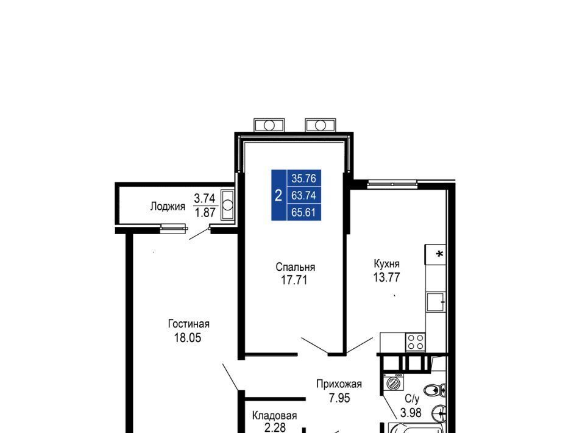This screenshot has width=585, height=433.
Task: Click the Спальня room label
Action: pos(295,267)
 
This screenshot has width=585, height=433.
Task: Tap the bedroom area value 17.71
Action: pos(294,280)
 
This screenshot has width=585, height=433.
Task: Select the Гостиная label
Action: pos(188,324)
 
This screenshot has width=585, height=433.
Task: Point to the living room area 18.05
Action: pos(188,337)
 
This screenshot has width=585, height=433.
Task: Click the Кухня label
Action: pos(386,264)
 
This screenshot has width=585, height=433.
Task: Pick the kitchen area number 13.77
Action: pos(386,277)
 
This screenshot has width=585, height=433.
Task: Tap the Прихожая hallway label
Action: pos(339,384)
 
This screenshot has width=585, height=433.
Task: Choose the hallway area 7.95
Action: pos(339,398)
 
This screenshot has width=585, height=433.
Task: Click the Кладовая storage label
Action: pos(275,415)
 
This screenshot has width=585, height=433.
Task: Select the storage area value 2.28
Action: pos(275,428)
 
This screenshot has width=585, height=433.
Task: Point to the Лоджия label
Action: pos(168,206)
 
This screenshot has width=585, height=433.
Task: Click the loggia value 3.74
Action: pos(205,198)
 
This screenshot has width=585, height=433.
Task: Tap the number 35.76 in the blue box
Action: pos(303,179)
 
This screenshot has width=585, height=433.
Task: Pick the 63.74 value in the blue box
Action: pos(303,195)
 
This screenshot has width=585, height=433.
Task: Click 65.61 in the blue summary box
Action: pos(303,212)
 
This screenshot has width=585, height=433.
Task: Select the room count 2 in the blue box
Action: pos(278,195)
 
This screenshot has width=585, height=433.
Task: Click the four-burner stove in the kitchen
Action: pos(416,342)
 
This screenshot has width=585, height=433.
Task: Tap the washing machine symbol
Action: pos(393,382)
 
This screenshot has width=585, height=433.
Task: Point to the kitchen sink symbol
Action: pos(436,302)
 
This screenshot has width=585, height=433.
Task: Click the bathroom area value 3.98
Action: pos(411,412)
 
